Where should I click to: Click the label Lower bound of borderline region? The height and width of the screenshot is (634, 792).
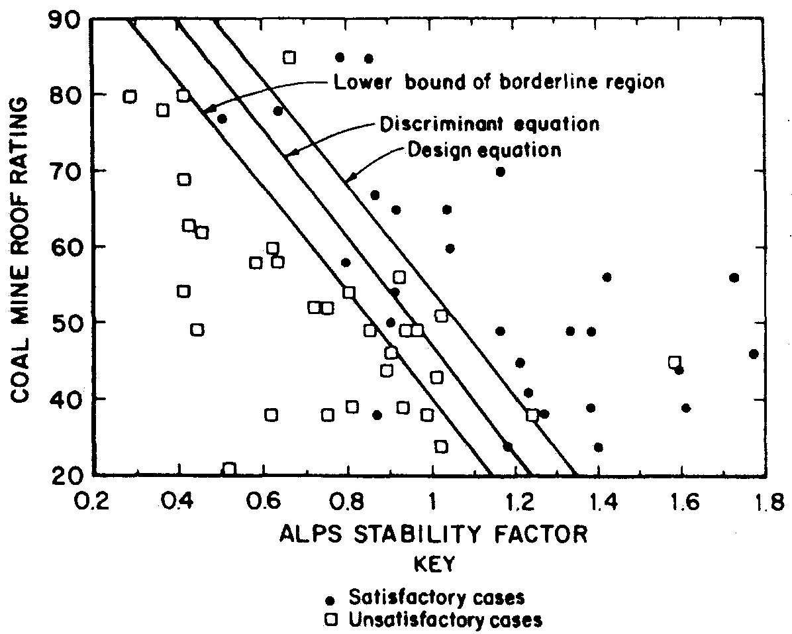499,82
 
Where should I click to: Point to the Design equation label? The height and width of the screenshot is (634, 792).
484,150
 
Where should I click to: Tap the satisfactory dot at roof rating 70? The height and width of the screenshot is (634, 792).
501,172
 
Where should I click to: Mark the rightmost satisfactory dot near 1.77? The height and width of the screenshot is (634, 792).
753,354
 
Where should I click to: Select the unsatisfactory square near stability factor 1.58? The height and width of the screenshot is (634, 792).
674,362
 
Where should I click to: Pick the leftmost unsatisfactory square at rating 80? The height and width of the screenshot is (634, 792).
130,97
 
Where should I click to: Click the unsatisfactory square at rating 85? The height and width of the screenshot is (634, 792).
289,58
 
